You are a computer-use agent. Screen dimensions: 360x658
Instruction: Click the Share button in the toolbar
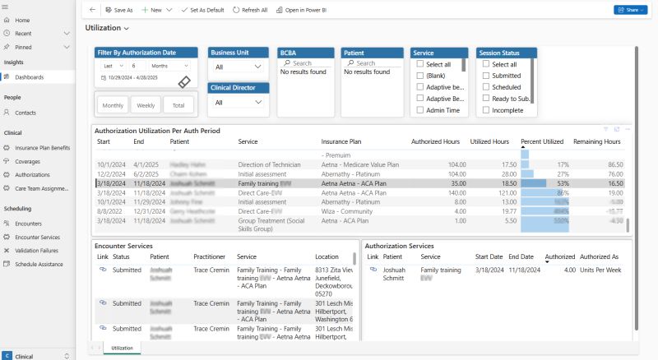(x=629, y=10)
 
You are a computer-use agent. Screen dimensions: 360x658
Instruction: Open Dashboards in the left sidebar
(x=29, y=77)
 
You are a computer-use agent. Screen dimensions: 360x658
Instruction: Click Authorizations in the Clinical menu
(x=32, y=174)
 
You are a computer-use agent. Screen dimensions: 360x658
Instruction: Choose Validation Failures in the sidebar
(x=37, y=250)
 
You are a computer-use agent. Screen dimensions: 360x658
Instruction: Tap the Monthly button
(x=113, y=105)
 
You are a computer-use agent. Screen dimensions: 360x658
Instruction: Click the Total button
(x=178, y=105)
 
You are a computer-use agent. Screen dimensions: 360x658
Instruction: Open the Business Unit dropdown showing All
(x=238, y=67)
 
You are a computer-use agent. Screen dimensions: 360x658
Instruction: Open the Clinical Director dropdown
(x=238, y=103)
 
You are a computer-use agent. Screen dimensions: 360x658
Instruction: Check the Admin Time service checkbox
(x=421, y=109)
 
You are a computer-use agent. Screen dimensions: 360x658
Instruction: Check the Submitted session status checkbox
(x=487, y=75)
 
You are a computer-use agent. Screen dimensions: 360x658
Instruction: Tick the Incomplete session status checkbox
(x=487, y=109)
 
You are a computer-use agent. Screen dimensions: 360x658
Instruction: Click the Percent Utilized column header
(x=542, y=141)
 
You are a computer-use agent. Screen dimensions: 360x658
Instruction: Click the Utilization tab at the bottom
(x=122, y=348)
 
